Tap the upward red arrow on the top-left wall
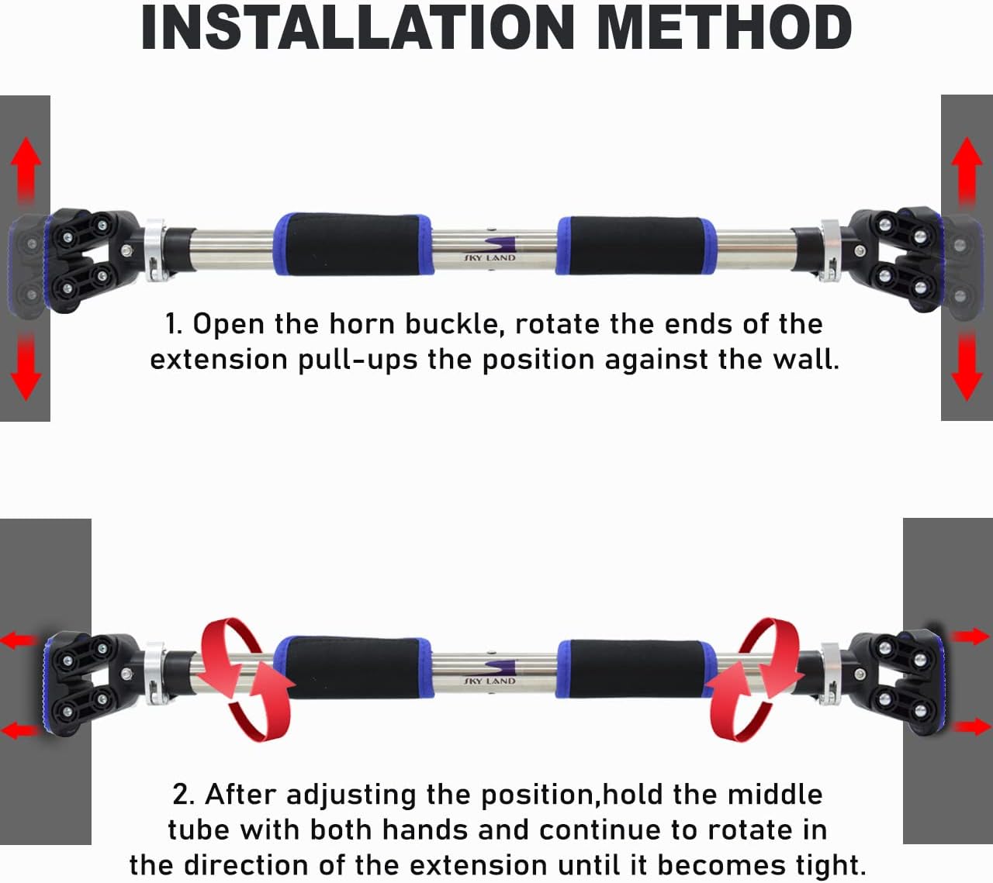(x=26, y=171)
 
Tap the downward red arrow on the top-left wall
(x=26, y=367)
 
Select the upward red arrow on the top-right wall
(x=967, y=171)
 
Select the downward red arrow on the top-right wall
(x=967, y=367)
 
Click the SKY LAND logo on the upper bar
(x=490, y=250)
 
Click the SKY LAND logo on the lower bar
(x=490, y=673)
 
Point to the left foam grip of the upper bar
(x=353, y=244)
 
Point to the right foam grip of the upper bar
(x=636, y=245)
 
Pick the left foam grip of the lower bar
(x=353, y=667)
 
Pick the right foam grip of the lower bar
(x=636, y=669)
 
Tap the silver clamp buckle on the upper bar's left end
(x=156, y=250)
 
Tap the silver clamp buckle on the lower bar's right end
(x=830, y=674)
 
